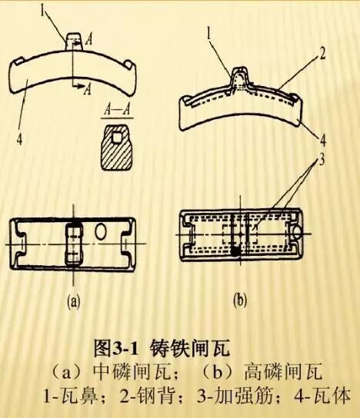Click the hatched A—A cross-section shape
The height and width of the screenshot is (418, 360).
(117, 148)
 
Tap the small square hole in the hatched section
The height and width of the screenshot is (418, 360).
(117, 137)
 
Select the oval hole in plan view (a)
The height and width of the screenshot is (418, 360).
(102, 231)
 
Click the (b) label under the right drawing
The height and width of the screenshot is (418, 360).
(240, 300)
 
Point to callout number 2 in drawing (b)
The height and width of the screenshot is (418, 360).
(322, 54)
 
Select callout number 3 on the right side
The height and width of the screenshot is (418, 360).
(322, 161)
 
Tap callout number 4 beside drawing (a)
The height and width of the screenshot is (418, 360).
(19, 139)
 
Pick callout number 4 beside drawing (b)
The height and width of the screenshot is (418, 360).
(323, 140)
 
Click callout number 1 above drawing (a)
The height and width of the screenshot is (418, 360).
(42, 9)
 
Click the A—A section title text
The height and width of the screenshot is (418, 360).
(117, 111)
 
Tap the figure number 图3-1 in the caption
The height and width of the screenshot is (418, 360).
(116, 348)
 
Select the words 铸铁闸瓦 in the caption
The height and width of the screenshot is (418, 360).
(190, 348)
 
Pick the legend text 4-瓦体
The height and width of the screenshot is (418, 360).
(322, 396)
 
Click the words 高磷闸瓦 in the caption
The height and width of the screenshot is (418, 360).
(283, 372)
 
